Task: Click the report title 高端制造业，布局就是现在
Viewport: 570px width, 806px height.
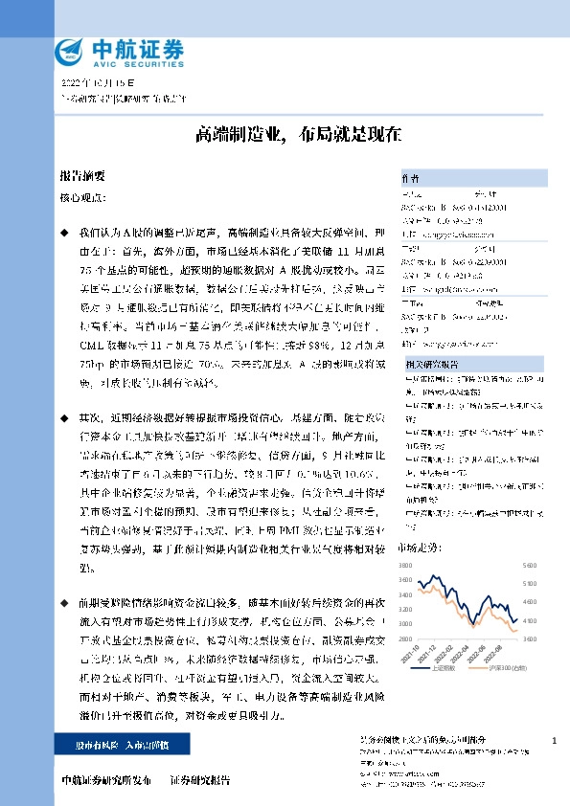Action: pos(285,134)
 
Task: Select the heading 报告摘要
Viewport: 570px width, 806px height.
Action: pos(81,178)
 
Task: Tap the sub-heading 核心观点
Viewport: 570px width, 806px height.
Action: pos(79,197)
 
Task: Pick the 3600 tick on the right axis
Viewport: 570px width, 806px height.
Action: pos(529,638)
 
